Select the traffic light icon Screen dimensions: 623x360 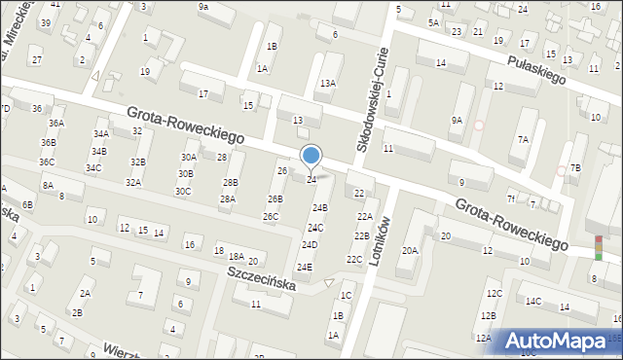[x=598, y=247]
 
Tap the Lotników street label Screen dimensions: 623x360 [x=380, y=239]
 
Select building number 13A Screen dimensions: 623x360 [x=328, y=85]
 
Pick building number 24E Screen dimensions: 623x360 [x=305, y=267]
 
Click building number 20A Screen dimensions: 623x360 [x=410, y=250]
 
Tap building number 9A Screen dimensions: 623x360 [x=457, y=120]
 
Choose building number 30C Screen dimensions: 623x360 [x=183, y=191]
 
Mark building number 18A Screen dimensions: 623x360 [x=236, y=256]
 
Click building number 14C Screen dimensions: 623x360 [x=533, y=301]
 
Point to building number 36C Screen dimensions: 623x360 [x=47, y=162]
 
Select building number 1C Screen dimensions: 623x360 [x=346, y=295]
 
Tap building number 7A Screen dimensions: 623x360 [x=523, y=139]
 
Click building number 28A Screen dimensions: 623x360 [x=227, y=198]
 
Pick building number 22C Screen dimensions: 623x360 [x=354, y=259]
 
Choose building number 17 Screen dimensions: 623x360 [x=203, y=93]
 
